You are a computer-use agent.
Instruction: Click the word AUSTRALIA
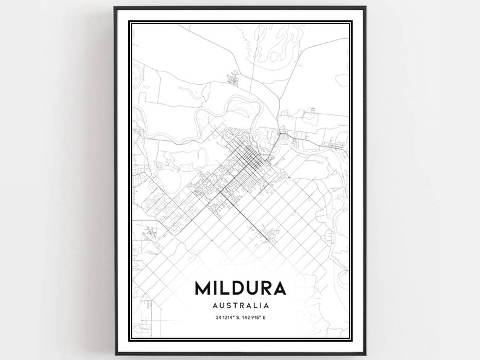click(x=240, y=305)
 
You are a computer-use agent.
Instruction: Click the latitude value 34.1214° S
click(x=224, y=318)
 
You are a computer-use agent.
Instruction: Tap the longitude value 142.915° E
click(x=256, y=318)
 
